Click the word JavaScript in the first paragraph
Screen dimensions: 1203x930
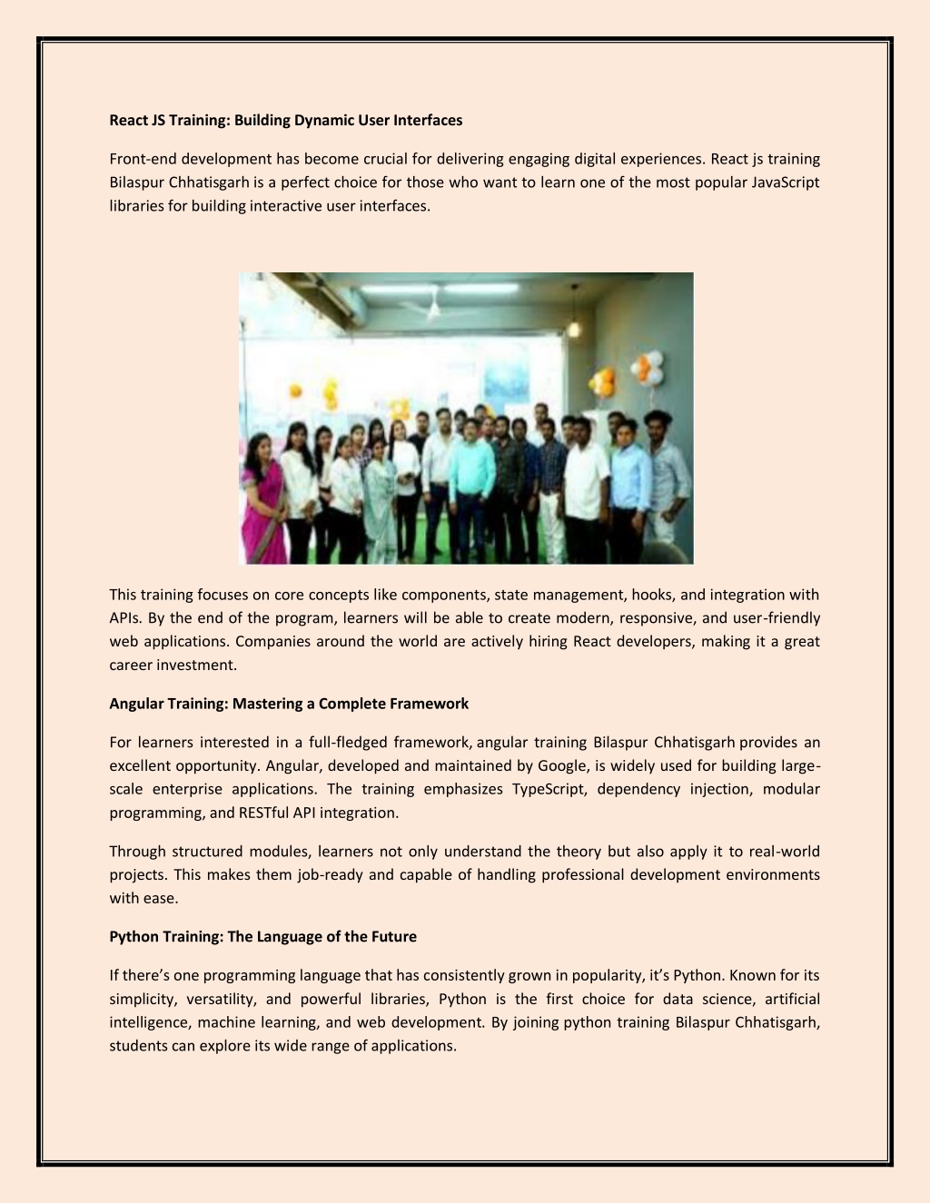[x=786, y=182]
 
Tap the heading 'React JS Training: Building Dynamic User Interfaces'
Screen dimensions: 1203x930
[x=285, y=120]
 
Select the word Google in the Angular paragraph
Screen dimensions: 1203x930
[x=561, y=765]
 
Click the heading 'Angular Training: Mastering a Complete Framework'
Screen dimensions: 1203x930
[x=289, y=704]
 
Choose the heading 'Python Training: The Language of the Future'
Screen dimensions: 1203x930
[x=262, y=937]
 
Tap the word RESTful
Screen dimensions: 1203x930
[x=263, y=813]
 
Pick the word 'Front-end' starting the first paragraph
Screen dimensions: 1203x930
[x=143, y=159]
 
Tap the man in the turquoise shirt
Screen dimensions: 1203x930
[x=472, y=481]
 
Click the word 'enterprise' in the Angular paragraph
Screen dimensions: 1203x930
[x=187, y=789]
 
